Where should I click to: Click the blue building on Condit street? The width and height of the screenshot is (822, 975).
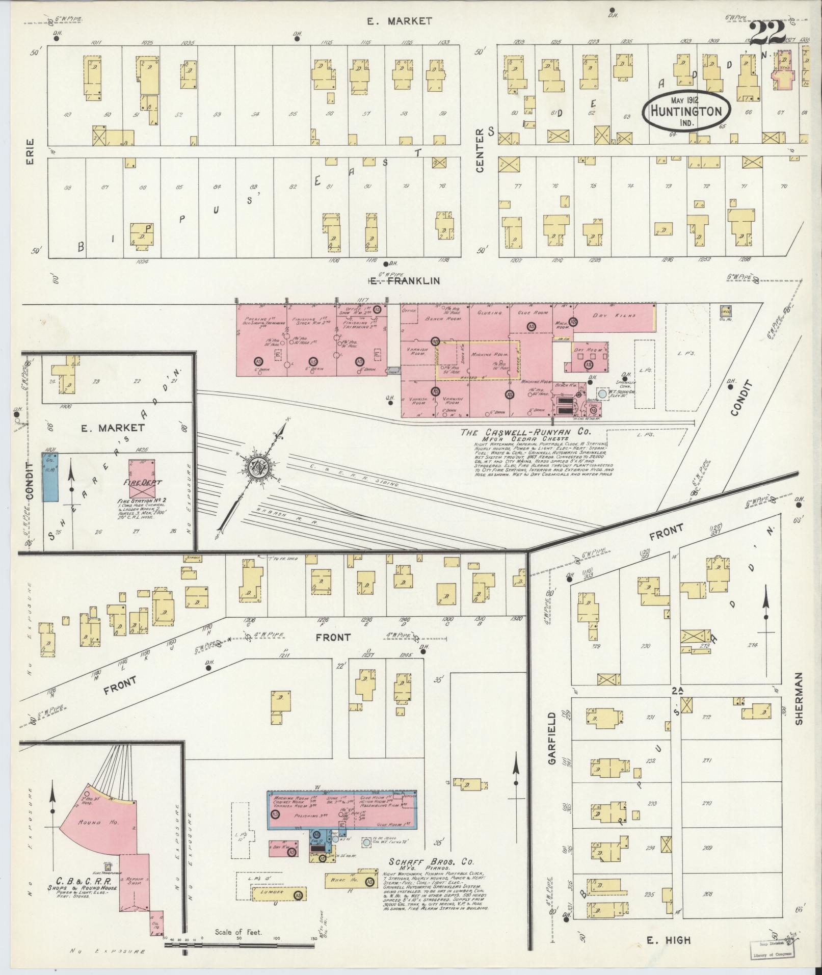[49, 477]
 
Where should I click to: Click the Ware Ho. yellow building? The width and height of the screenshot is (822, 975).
[347, 879]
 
